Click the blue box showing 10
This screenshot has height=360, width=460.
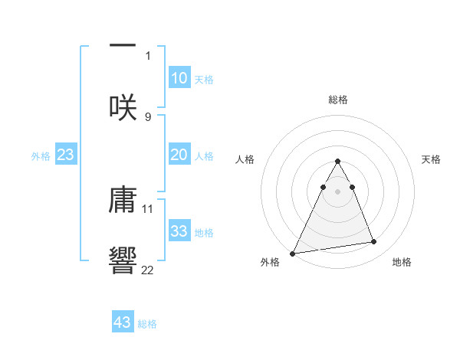click(x=179, y=78)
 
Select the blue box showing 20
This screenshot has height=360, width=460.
click(x=179, y=155)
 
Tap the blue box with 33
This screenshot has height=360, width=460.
click(x=179, y=231)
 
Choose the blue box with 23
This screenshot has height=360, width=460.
click(x=66, y=155)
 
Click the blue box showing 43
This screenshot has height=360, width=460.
click(x=123, y=322)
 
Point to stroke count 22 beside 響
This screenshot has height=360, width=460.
click(x=148, y=270)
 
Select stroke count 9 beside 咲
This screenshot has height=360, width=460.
click(x=148, y=116)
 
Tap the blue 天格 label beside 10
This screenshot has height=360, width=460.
click(x=204, y=80)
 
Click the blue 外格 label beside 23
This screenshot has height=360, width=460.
click(x=41, y=156)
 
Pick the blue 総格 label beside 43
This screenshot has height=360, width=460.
click(x=147, y=324)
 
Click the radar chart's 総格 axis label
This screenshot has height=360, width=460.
click(x=338, y=100)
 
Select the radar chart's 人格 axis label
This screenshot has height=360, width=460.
click(x=245, y=159)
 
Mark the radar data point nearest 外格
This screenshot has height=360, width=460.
click(x=293, y=253)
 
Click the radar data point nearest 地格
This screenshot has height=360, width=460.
click(x=374, y=242)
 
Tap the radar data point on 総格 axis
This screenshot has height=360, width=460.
click(x=338, y=161)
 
